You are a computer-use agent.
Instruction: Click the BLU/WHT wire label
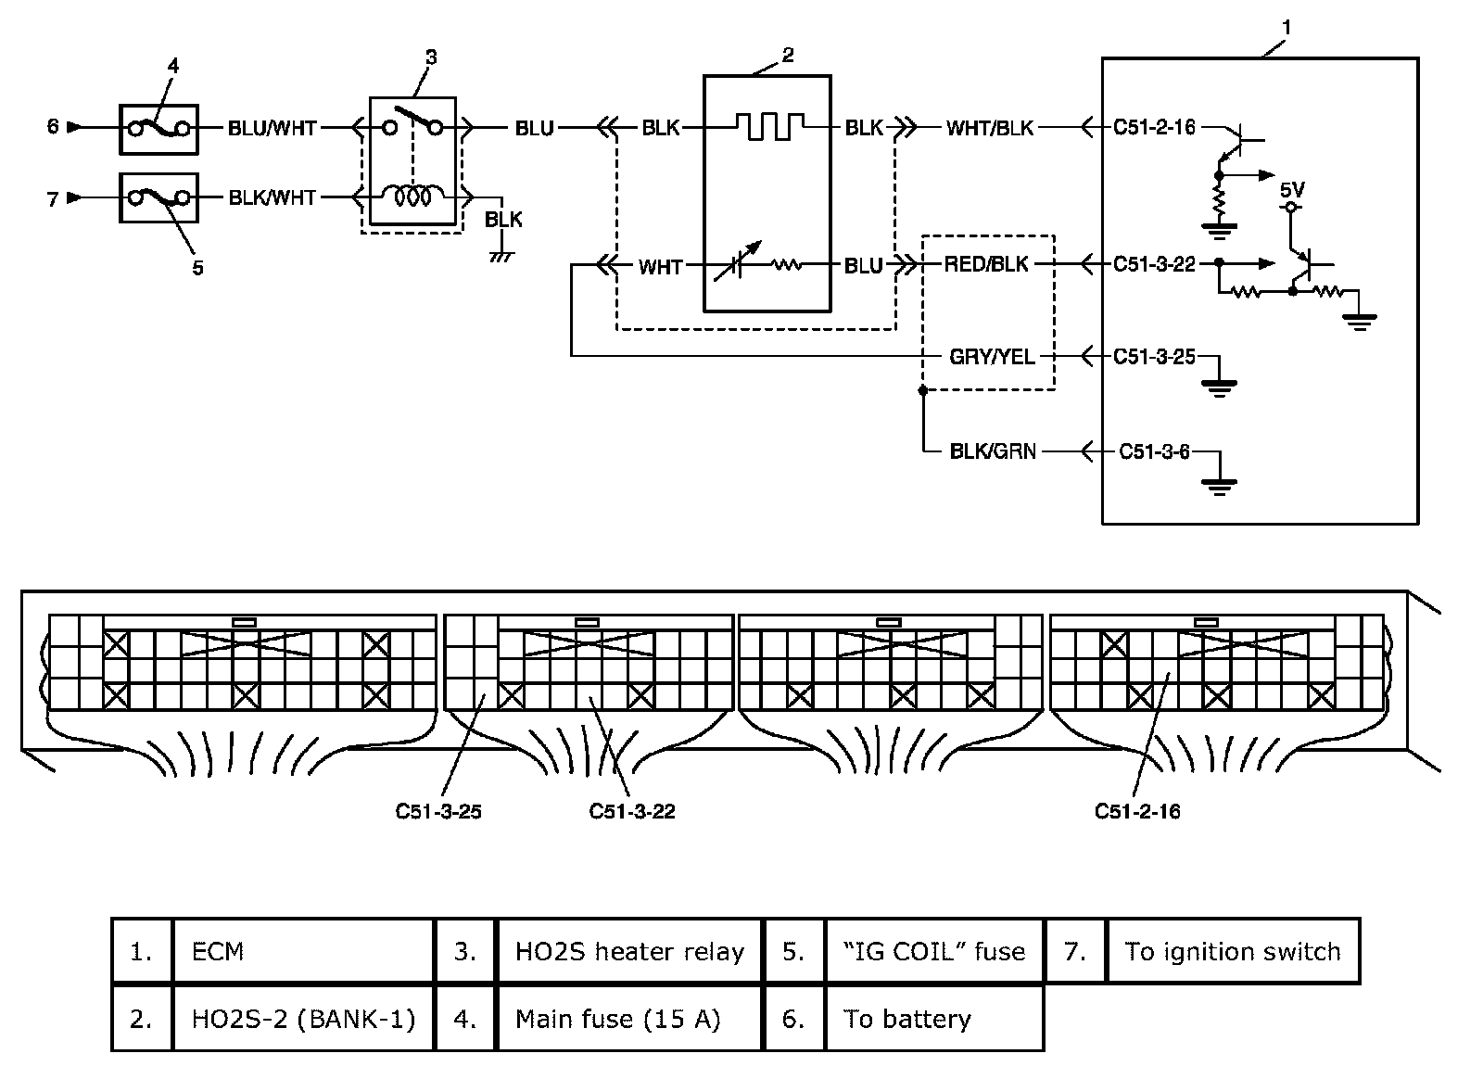pyautogui.click(x=272, y=128)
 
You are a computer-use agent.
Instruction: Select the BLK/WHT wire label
pyautogui.click(x=272, y=197)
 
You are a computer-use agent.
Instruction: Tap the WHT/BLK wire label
pyautogui.click(x=989, y=128)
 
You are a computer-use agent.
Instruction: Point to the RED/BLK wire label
pyautogui.click(x=986, y=264)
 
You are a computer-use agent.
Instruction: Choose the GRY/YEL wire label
pyautogui.click(x=992, y=357)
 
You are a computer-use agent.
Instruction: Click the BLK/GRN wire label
pyautogui.click(x=993, y=452)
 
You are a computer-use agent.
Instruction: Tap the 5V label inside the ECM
pyautogui.click(x=1292, y=190)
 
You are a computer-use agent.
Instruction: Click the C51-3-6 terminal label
pyautogui.click(x=1154, y=452)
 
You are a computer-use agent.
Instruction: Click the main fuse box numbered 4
pyautogui.click(x=158, y=128)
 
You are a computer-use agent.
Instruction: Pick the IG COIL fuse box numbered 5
pyautogui.click(x=158, y=197)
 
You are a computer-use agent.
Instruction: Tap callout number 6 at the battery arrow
pyautogui.click(x=53, y=126)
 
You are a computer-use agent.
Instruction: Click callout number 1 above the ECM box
pyautogui.click(x=1286, y=29)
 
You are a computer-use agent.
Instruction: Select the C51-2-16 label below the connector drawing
pyautogui.click(x=1137, y=812)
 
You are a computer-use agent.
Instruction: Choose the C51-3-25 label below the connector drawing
pyautogui.click(x=438, y=812)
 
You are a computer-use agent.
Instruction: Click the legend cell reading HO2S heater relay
pyautogui.click(x=629, y=952)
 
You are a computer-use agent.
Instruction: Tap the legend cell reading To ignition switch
pyautogui.click(x=1232, y=952)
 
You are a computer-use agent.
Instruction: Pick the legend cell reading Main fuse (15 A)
pyautogui.click(x=617, y=1020)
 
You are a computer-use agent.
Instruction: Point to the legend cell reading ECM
pyautogui.click(x=302, y=952)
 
